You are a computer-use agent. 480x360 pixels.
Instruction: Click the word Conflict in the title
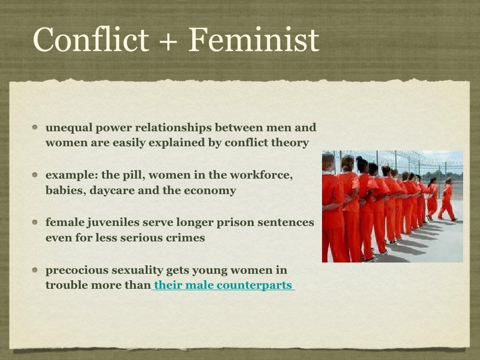[x=90, y=39]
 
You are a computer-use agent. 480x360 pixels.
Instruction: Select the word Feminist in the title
[x=254, y=39]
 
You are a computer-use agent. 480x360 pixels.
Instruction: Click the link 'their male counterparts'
[x=223, y=285]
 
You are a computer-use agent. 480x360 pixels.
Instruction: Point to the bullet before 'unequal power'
[x=36, y=127]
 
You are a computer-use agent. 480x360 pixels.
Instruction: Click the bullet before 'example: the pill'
[x=36, y=175]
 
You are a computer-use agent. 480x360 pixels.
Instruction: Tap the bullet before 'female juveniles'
[x=36, y=223]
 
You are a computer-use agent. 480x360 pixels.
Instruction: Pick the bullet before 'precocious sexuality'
[x=36, y=270]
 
